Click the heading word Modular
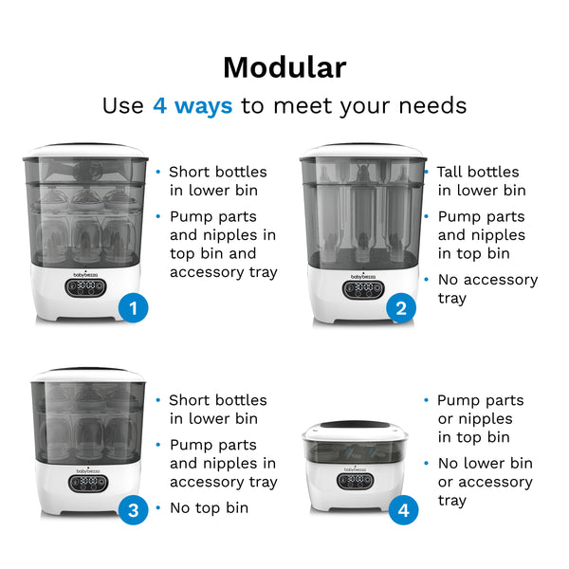pyautogui.click(x=284, y=67)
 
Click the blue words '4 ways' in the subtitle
pyautogui.click(x=193, y=105)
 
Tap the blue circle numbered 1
pyautogui.click(x=134, y=307)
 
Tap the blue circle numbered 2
pyautogui.click(x=402, y=307)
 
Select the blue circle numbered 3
pyautogui.click(x=134, y=510)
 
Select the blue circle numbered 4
pyautogui.click(x=403, y=510)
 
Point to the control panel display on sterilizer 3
pyautogui.click(x=86, y=482)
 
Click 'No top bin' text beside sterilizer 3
pyautogui.click(x=209, y=507)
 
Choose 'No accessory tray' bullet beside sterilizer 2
pyautogui.click(x=486, y=288)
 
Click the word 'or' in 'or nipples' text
pyautogui.click(x=446, y=418)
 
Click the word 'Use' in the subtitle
pyautogui.click(x=123, y=105)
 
